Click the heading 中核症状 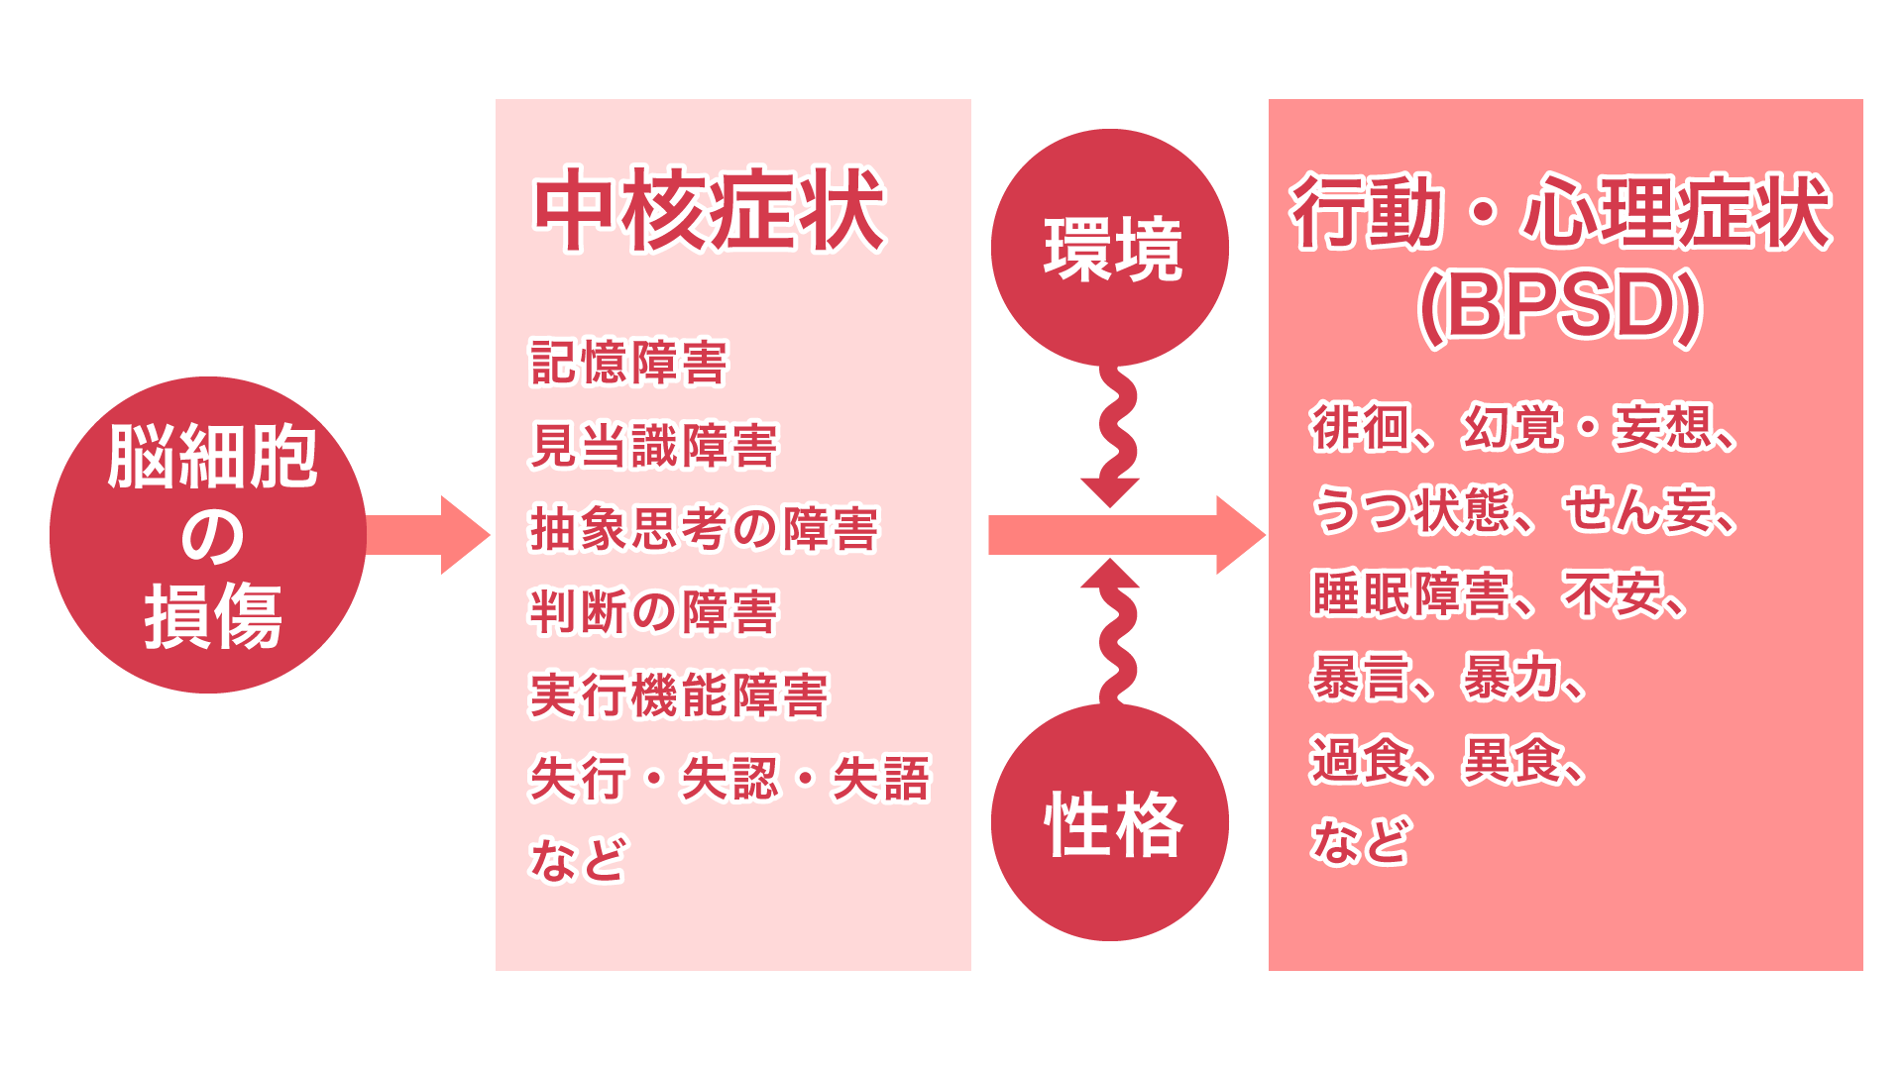[709, 210]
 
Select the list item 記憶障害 [629, 362]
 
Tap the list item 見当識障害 [654, 445]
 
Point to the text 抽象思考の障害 [704, 528]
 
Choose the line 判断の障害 [654, 611]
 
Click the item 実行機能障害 [679, 695]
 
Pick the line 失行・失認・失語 [730, 778]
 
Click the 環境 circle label [1112, 249]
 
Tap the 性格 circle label [1112, 824]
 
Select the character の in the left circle [211, 537]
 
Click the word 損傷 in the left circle [212, 616]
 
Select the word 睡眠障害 [1409, 593]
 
